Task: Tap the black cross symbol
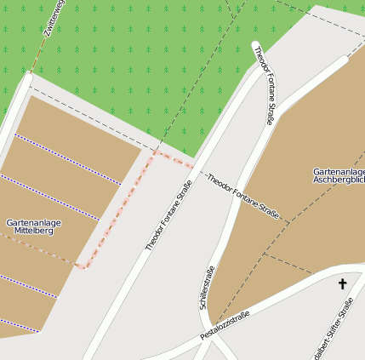pyautogui.click(x=343, y=283)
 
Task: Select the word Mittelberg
pyautogui.click(x=34, y=231)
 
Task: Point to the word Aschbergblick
pyautogui.click(x=339, y=180)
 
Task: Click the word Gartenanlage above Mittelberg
pyautogui.click(x=34, y=222)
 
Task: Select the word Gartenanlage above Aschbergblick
pyautogui.click(x=339, y=171)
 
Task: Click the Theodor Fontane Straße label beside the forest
pyautogui.click(x=263, y=86)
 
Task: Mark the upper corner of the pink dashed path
pyautogui.click(x=154, y=154)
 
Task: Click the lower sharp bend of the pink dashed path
pyautogui.click(x=85, y=267)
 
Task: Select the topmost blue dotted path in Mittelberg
pyautogui.click(x=68, y=158)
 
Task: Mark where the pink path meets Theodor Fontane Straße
pyautogui.click(x=196, y=164)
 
